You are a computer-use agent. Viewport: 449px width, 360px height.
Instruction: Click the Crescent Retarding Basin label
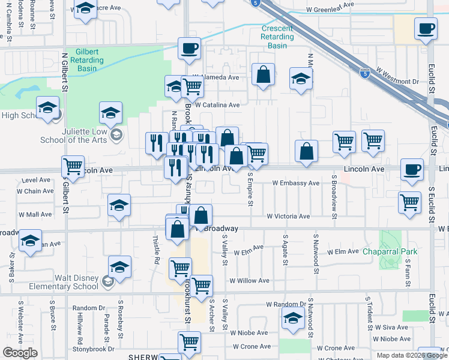(x=277, y=37)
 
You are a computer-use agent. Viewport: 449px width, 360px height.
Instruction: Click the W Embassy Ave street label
(x=295, y=183)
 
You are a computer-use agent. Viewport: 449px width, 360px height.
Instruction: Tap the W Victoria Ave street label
(x=288, y=216)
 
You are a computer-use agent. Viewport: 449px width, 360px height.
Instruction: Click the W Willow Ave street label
(x=249, y=281)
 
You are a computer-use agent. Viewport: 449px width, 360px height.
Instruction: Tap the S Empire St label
(x=250, y=188)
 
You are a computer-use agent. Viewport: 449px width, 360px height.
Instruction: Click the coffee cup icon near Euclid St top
(x=426, y=29)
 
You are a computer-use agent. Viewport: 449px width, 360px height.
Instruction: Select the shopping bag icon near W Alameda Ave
(x=263, y=76)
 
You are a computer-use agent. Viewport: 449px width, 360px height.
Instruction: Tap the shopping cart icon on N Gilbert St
(x=73, y=166)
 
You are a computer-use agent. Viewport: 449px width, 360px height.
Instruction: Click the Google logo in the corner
(x=20, y=353)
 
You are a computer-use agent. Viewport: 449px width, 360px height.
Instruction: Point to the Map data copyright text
(x=411, y=355)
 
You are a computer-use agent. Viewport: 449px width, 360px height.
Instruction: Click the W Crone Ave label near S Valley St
(x=252, y=347)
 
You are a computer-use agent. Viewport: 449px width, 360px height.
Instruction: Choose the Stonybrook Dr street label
(x=93, y=349)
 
